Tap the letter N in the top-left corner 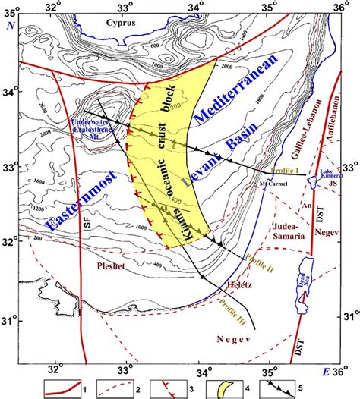click(11, 26)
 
